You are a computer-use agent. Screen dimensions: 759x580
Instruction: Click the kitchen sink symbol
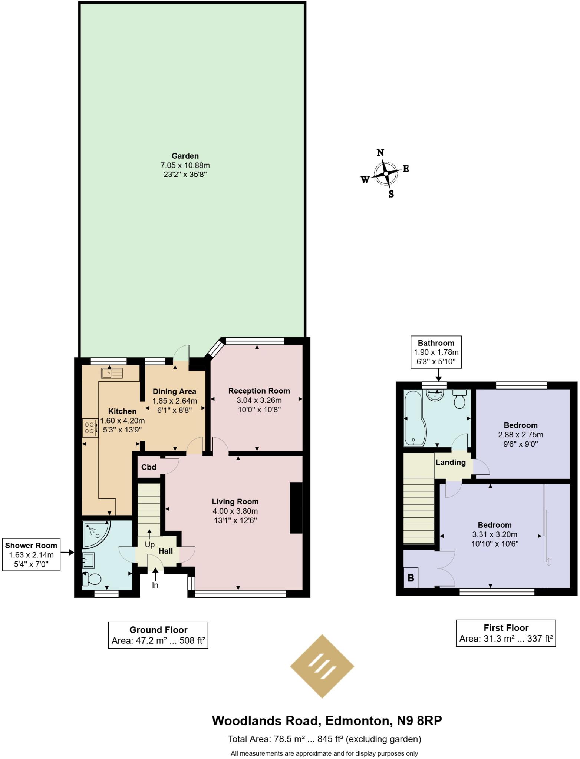(x=112, y=373)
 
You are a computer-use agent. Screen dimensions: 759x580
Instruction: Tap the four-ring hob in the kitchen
(x=89, y=428)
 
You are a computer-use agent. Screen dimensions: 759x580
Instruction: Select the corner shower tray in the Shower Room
(x=95, y=534)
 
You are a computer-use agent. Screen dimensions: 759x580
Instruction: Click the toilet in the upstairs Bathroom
(x=459, y=399)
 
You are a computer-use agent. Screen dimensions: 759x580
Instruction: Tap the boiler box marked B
(x=411, y=577)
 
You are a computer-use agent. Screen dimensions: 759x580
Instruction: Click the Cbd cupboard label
(x=149, y=467)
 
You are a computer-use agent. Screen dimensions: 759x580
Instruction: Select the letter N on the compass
(x=380, y=152)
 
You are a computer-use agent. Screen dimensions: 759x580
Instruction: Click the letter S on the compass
(x=391, y=194)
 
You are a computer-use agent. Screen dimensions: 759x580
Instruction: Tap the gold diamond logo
(x=322, y=666)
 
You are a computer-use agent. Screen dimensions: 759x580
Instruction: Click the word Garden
(x=185, y=156)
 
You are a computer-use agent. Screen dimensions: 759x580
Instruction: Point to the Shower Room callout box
(x=31, y=555)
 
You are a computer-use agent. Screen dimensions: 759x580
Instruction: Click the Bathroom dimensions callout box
(x=436, y=352)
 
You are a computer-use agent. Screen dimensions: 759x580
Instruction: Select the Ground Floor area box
(x=158, y=635)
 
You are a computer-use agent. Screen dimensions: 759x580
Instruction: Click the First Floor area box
(x=505, y=633)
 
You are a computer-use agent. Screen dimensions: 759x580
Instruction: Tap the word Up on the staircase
(x=149, y=544)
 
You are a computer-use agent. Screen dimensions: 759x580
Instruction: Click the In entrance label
(x=155, y=585)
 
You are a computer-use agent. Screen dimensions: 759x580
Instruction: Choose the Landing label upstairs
(x=450, y=462)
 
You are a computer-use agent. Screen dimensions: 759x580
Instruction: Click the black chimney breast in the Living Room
(x=296, y=507)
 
